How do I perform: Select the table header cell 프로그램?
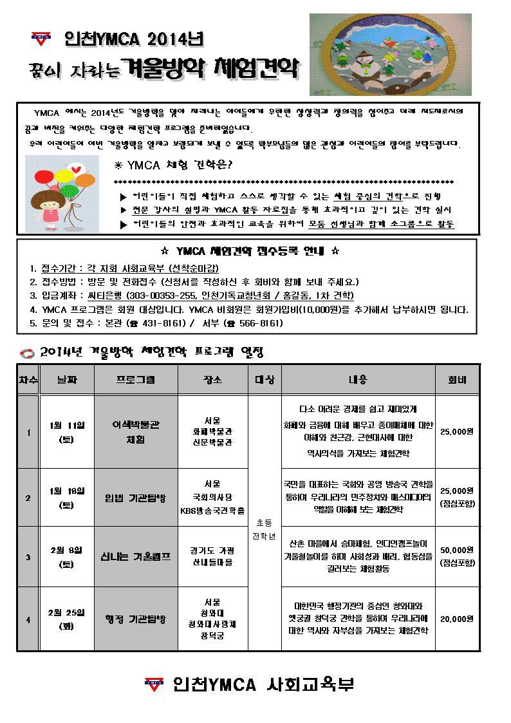coord(136,380)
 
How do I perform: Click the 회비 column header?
coord(457,380)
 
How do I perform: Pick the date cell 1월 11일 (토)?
coord(67,433)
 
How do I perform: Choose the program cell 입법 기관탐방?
coord(136,498)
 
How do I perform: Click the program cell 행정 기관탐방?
coord(136,619)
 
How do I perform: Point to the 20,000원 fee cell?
coord(457,619)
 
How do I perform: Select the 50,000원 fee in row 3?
coord(457,550)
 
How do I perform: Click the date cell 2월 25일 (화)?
coord(67,619)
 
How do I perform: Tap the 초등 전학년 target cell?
coord(265,529)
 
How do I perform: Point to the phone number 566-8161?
coord(261,323)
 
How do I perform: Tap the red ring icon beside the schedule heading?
coord(26,353)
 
